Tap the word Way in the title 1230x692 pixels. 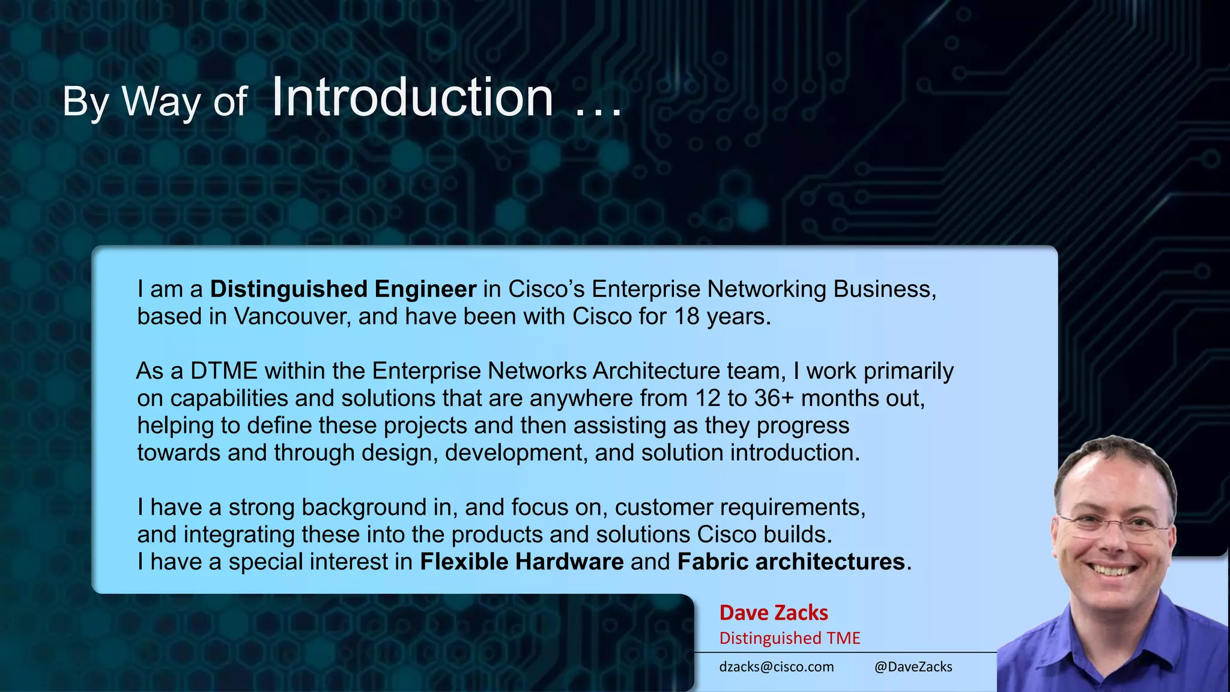click(161, 101)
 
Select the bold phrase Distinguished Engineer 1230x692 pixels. click(343, 289)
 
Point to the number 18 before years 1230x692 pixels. click(686, 317)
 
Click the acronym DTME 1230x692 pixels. click(223, 371)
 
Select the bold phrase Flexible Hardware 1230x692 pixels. click(521, 562)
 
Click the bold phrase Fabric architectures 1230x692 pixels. click(791, 562)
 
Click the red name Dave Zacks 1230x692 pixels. click(774, 613)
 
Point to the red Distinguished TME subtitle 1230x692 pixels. click(790, 638)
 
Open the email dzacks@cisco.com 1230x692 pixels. click(777, 667)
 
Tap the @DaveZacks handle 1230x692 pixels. click(913, 667)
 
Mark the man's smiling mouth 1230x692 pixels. click(1111, 568)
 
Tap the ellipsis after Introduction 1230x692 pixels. click(598, 111)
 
